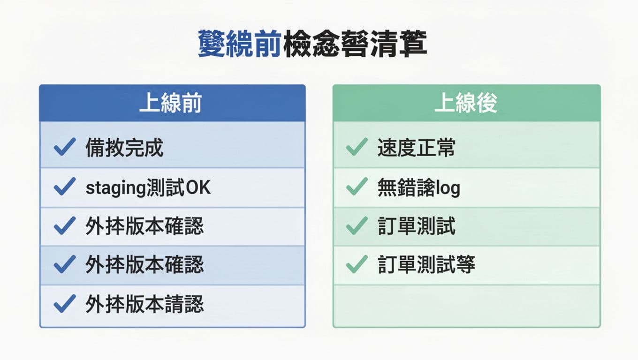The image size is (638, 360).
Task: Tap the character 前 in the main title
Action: [268, 45]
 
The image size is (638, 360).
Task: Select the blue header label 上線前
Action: [170, 104]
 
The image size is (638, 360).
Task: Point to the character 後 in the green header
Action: [486, 104]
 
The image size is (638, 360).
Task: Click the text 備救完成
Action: [124, 148]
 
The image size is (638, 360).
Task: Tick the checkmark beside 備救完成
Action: [64, 148]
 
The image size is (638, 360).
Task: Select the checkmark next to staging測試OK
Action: [64, 187]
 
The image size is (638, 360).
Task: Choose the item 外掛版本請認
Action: [144, 305]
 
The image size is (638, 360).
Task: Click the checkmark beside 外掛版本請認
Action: [64, 304]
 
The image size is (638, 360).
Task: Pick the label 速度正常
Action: [416, 148]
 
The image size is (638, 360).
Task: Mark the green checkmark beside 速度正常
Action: [357, 148]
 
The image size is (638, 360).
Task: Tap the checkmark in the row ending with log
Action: [357, 187]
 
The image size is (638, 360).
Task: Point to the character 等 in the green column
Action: [465, 265]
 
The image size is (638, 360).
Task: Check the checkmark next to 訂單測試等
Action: [357, 265]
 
